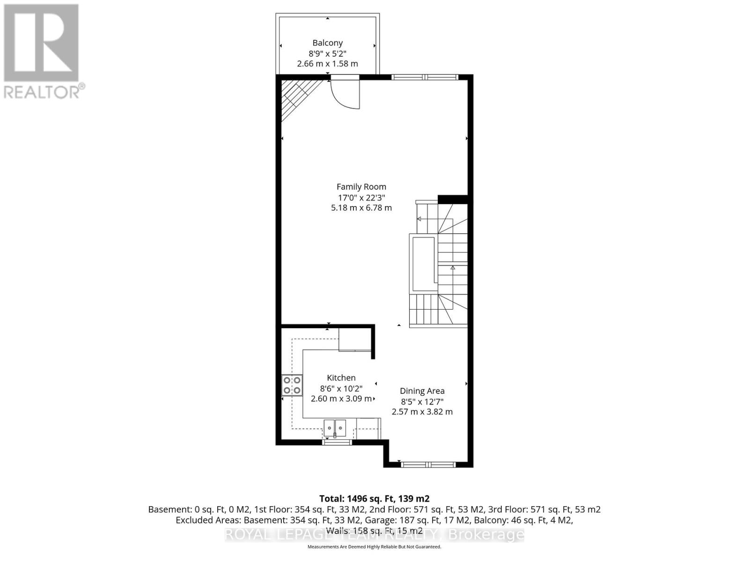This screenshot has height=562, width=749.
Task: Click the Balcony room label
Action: point(328,43)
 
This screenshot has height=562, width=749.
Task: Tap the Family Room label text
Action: point(361,186)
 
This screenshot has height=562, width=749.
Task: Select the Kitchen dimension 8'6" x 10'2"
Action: point(341,388)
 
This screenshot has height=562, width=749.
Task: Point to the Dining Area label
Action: point(422,391)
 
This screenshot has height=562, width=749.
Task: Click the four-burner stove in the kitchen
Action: point(292,385)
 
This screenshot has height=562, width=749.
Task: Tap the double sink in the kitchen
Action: point(335,427)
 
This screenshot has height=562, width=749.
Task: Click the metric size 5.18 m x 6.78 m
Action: point(361,207)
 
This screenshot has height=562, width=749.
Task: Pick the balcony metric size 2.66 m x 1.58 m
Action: point(328,64)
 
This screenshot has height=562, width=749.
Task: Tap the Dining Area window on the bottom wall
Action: point(428,464)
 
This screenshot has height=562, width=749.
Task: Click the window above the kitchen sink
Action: point(337,442)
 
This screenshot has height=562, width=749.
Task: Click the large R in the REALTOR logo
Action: point(41,43)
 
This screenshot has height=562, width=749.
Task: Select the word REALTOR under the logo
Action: point(42,91)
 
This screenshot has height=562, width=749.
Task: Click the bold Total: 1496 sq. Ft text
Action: point(374,498)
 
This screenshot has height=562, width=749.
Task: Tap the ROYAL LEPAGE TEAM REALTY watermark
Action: point(374,534)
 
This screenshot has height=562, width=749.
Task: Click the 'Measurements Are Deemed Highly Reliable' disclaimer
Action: point(374,547)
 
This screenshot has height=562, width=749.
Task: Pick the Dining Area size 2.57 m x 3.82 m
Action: point(422,412)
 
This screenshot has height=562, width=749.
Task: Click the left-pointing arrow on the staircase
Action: point(419,219)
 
